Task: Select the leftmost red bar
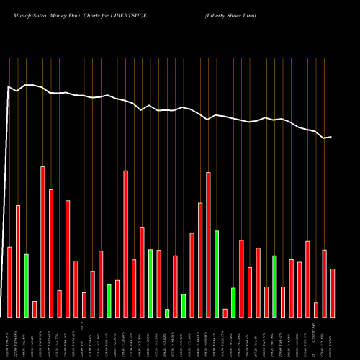coord(10,282)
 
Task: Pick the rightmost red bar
coord(333,292)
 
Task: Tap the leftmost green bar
coord(26,285)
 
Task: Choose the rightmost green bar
coord(275,286)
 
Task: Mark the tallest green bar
coord(217,274)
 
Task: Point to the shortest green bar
coord(167,312)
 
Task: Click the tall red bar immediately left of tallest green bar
coord(208,244)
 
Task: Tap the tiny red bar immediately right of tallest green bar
coord(225,312)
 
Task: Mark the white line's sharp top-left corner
coord(9,87)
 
